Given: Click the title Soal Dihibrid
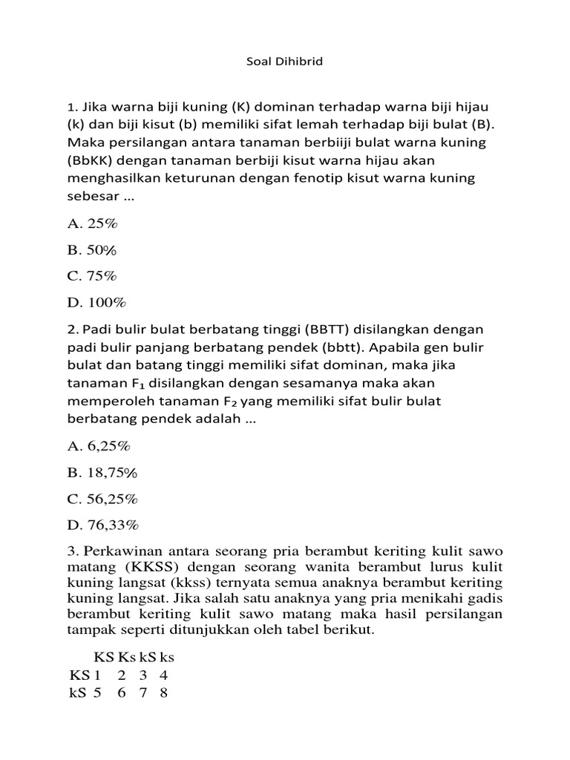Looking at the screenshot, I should pos(284,62).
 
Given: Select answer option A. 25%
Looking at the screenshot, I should pos(93,223).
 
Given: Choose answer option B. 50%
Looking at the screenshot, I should pos(93,249).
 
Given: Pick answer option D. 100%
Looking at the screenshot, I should pos(96,302).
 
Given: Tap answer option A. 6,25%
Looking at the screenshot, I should pos(99,446).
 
